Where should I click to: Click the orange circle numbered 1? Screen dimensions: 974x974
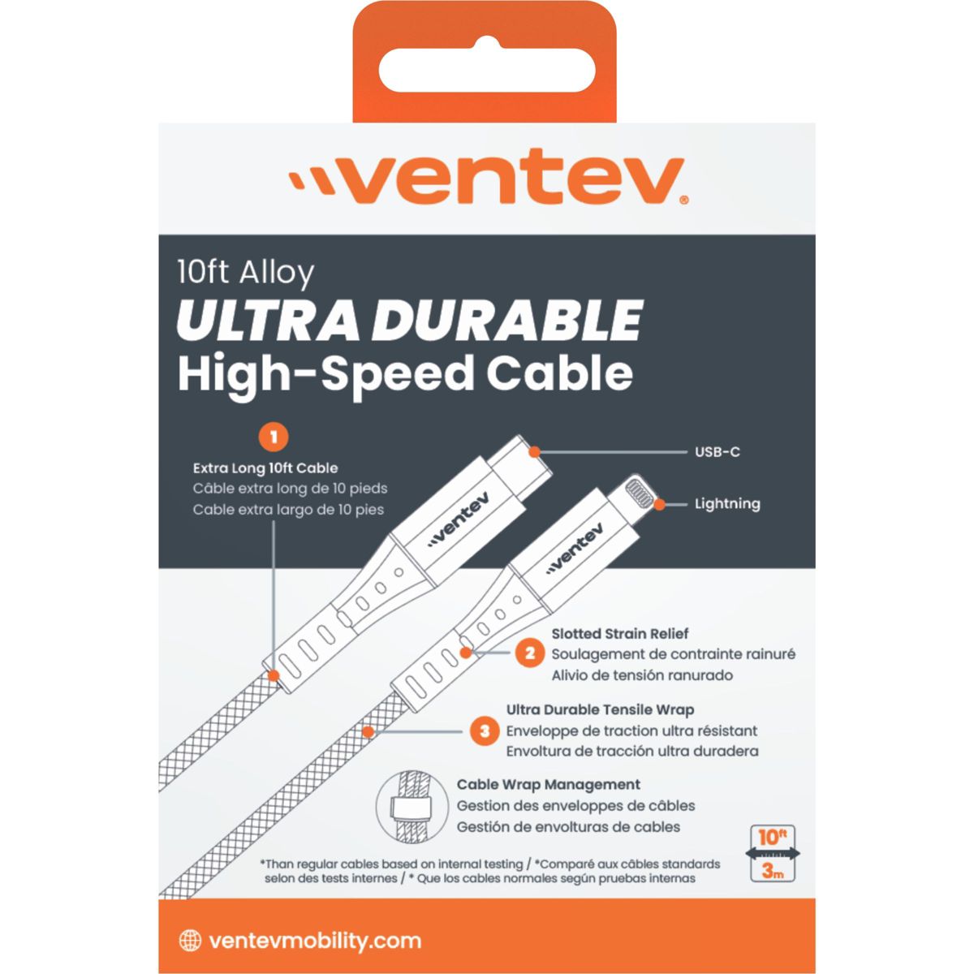click(x=274, y=437)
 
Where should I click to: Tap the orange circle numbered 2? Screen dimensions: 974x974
click(x=530, y=653)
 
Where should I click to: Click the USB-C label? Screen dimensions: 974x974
click(x=718, y=452)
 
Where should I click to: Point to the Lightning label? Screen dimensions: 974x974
click(x=727, y=504)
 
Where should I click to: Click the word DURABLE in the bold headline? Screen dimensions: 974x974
click(x=507, y=321)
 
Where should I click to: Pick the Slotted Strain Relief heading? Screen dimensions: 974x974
click(x=619, y=634)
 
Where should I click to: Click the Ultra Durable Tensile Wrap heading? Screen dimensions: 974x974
click(x=600, y=710)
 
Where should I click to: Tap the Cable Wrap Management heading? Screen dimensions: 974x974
click(x=549, y=784)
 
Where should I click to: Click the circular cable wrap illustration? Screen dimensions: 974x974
click(x=412, y=806)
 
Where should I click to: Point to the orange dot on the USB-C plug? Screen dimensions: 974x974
click(x=535, y=452)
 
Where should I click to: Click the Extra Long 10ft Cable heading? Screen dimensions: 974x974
click(x=265, y=468)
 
